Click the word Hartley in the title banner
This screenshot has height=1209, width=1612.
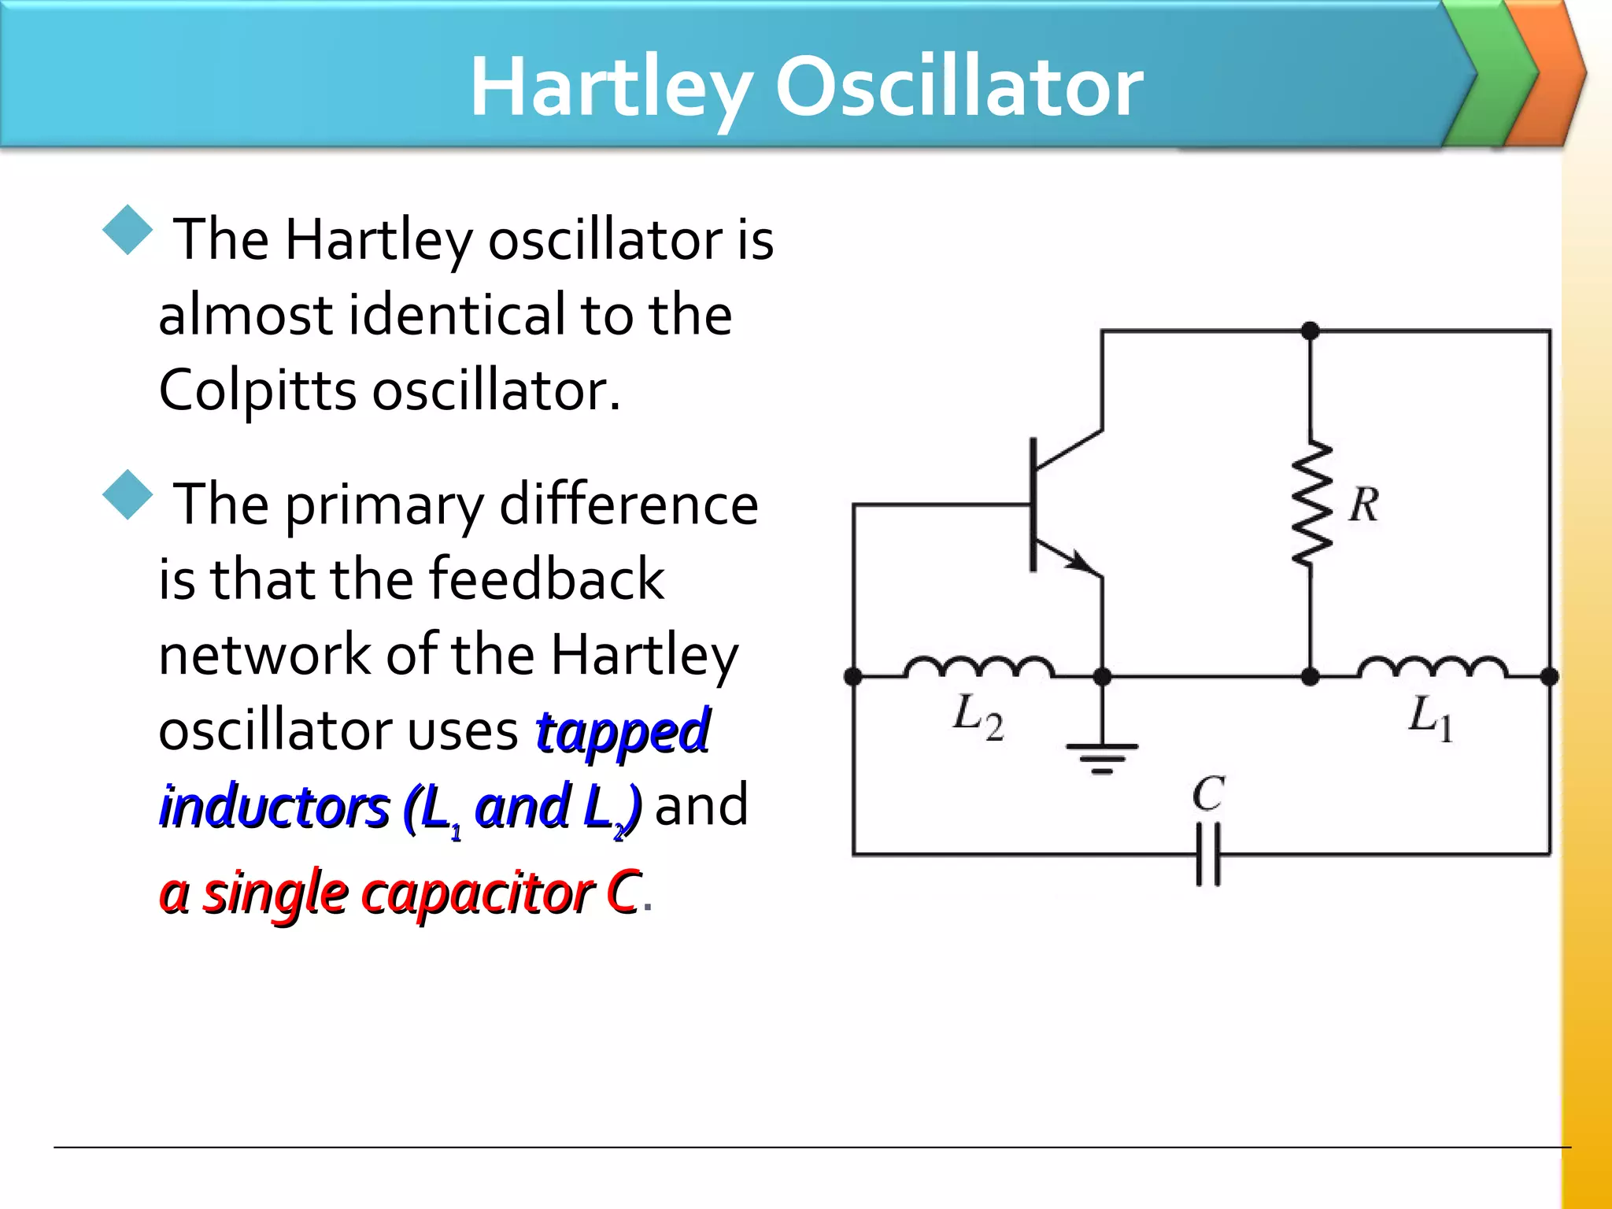pyautogui.click(x=611, y=88)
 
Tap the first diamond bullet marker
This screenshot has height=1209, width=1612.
pyautogui.click(x=127, y=231)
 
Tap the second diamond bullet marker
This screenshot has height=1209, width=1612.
pyautogui.click(x=127, y=495)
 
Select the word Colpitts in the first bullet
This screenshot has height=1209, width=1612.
pyautogui.click(x=257, y=391)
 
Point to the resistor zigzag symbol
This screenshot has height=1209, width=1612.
pyautogui.click(x=1311, y=504)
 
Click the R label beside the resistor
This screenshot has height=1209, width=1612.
pyautogui.click(x=1364, y=505)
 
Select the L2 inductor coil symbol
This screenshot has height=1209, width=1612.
pyautogui.click(x=978, y=667)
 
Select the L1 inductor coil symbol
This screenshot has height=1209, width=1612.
pyautogui.click(x=1432, y=667)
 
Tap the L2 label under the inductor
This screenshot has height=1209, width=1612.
pyautogui.click(x=977, y=717)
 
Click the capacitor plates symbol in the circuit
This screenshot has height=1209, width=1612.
pyautogui.click(x=1208, y=854)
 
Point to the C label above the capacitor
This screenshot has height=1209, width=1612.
pyautogui.click(x=1207, y=793)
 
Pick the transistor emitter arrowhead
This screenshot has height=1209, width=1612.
pyautogui.click(x=1083, y=563)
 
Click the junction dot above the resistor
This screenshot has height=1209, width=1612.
pyautogui.click(x=1311, y=331)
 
